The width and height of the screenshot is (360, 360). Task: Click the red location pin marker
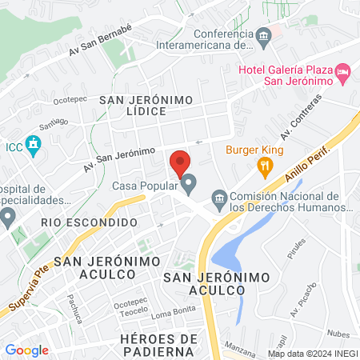(x=180, y=164)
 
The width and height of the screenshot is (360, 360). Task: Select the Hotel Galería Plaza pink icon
(x=343, y=74)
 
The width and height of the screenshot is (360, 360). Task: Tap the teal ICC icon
(x=32, y=146)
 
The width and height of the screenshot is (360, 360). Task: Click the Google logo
(x=27, y=350)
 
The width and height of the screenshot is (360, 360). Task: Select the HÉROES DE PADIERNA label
(x=158, y=346)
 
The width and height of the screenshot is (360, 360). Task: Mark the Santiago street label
(x=53, y=124)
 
